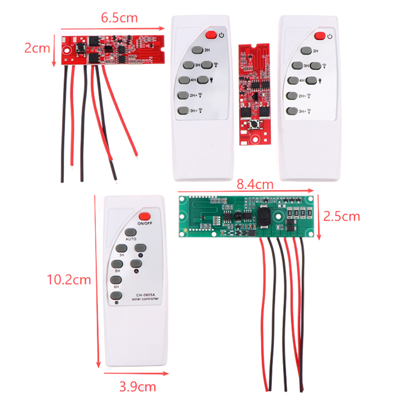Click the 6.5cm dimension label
click(119, 18)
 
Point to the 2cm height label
click(37, 48)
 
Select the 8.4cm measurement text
click(255, 184)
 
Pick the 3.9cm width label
click(137, 386)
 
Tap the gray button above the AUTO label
click(131, 232)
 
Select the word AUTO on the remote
click(131, 239)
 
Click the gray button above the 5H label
click(117, 264)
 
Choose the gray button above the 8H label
click(116, 280)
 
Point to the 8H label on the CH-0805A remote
click(116, 287)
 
